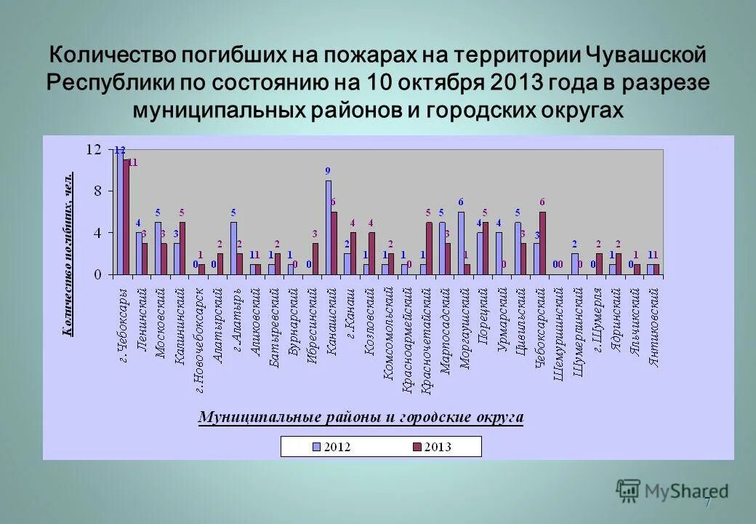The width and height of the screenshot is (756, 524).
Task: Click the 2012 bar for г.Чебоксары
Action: tap(121, 213)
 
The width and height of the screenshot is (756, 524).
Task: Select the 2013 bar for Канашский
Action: tap(334, 243)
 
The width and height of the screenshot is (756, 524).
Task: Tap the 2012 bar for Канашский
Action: tap(328, 227)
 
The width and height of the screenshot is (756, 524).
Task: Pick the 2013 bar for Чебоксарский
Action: tap(542, 243)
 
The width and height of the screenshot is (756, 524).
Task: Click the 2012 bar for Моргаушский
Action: tap(461, 243)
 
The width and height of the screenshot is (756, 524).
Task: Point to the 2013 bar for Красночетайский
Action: tap(429, 248)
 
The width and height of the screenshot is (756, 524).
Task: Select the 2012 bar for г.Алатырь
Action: tap(233, 248)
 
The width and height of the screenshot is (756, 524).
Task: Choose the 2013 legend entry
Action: tap(433, 447)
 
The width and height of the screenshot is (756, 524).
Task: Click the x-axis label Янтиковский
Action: tap(654, 327)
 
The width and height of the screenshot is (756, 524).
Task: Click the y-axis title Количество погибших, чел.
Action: tap(68, 255)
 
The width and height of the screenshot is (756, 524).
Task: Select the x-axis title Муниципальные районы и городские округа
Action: tap(361, 418)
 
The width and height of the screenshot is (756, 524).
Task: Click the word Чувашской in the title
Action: tap(646, 55)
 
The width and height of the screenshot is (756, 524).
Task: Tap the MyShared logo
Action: tap(672, 491)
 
